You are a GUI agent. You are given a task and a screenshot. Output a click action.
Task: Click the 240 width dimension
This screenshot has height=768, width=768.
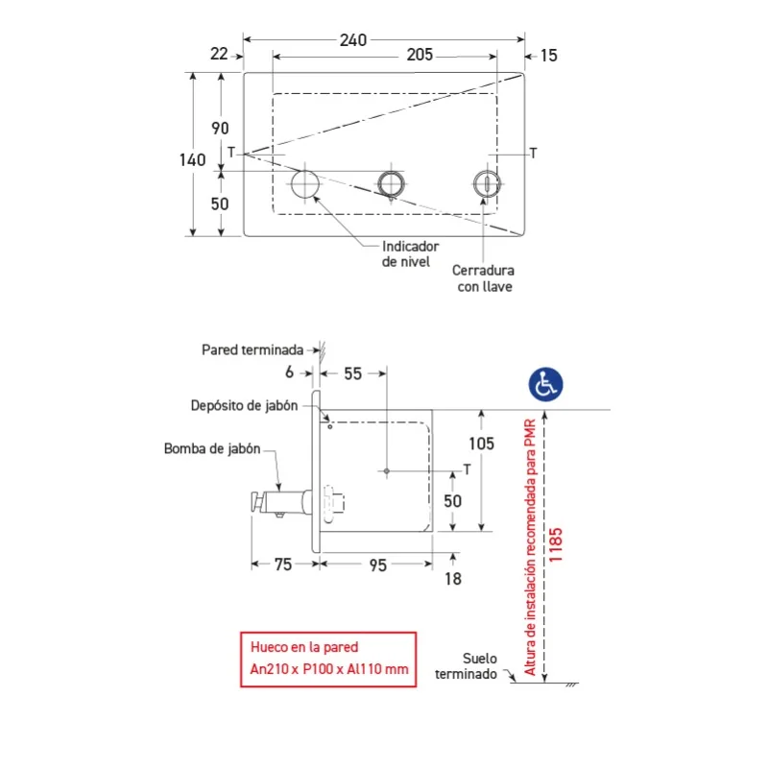[353, 39]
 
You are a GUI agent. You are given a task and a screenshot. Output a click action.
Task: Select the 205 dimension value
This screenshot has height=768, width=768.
[420, 55]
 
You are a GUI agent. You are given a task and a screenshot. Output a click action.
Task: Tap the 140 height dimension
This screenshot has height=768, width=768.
[193, 159]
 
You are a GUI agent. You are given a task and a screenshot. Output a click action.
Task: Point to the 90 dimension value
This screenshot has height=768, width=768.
[220, 129]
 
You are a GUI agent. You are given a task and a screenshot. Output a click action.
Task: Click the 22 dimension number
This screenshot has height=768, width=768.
[219, 54]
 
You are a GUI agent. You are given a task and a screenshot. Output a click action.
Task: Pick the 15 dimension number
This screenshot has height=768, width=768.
[549, 56]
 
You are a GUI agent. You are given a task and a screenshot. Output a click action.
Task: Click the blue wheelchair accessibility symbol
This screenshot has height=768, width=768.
[545, 384]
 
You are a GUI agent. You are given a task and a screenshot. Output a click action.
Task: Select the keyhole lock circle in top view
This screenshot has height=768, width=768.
[487, 184]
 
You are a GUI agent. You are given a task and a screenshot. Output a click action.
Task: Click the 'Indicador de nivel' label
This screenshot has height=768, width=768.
[410, 253]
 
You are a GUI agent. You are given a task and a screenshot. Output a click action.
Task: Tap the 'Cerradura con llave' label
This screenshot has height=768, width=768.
[484, 278]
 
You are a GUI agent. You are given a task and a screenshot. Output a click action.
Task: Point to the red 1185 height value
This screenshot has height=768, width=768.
[556, 544]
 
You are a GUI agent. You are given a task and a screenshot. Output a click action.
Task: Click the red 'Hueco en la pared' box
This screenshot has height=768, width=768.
[328, 660]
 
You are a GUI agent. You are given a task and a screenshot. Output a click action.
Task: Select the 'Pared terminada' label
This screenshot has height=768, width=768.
[252, 349]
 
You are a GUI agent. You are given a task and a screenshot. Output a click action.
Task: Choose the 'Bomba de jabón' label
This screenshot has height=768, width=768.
[212, 448]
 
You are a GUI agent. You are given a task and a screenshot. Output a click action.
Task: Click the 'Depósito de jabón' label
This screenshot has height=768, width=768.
[244, 405]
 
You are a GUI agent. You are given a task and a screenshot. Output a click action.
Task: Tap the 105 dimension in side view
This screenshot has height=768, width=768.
[482, 444]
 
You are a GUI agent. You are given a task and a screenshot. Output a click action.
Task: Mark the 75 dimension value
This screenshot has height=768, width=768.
[283, 564]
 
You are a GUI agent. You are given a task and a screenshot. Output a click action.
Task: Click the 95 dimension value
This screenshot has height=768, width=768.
[378, 565]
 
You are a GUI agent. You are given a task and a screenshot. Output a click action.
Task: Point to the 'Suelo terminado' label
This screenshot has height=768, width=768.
[467, 666]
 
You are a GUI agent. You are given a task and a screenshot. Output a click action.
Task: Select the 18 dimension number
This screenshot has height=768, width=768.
[453, 579]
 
